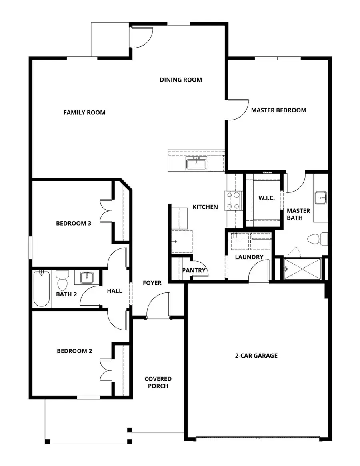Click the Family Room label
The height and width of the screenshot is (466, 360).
click(x=84, y=112)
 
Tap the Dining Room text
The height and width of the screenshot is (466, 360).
click(x=181, y=80)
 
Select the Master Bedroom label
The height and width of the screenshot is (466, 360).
click(x=278, y=110)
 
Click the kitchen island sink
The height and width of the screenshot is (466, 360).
click(x=196, y=164)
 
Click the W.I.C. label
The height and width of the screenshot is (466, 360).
click(x=266, y=198)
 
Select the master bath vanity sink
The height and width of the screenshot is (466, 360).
click(x=321, y=198)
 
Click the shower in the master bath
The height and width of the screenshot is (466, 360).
click(x=302, y=269)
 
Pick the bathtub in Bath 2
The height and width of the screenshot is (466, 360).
click(x=42, y=288)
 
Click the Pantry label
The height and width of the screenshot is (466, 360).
click(x=194, y=270)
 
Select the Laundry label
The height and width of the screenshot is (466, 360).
click(x=249, y=257)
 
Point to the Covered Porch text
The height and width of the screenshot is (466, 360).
click(x=158, y=382)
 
